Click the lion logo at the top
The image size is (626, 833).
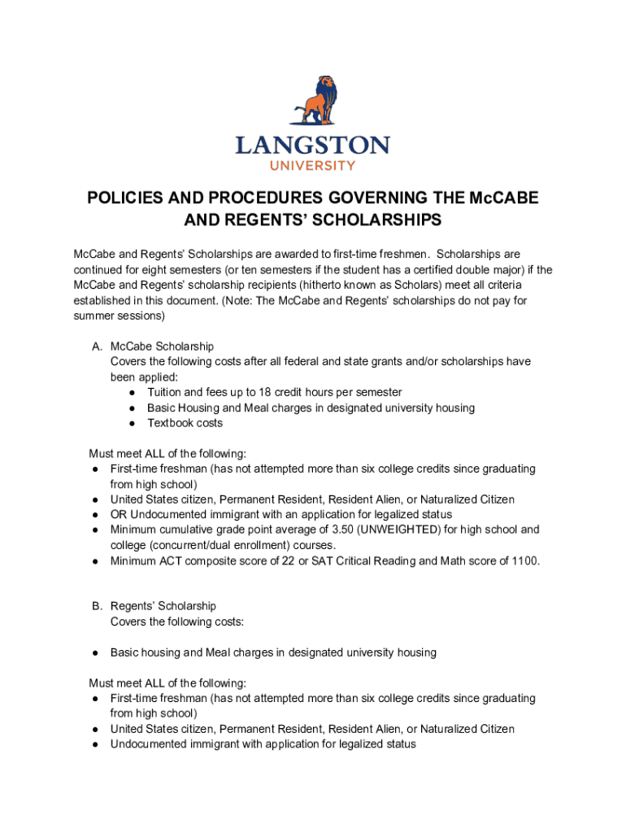coord(312,103)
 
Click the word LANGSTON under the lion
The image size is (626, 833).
coord(312,146)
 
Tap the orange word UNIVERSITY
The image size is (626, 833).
coord(312,165)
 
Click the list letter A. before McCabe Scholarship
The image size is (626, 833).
coord(97,347)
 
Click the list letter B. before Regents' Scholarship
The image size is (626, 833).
coord(97,606)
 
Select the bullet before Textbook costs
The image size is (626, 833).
coord(132,423)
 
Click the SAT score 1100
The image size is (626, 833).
coord(524,560)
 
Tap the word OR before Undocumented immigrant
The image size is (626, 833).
coord(119,514)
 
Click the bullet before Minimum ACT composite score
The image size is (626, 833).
coord(95,560)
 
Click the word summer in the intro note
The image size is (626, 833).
coord(93,316)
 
